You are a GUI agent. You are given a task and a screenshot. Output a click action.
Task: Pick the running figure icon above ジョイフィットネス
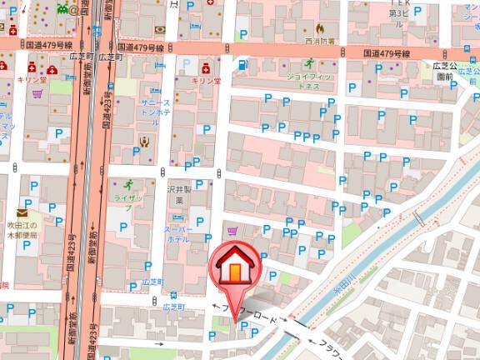click(308, 63)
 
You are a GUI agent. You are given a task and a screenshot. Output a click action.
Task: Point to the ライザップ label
click(127, 198)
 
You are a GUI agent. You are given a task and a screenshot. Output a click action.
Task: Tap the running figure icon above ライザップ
click(127, 184)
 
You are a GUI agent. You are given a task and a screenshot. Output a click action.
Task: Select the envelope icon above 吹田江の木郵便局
click(20, 213)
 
